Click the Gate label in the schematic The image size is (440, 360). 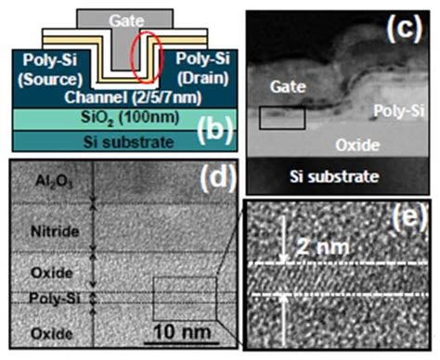click(126, 19)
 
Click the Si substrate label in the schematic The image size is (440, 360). click(110, 142)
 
